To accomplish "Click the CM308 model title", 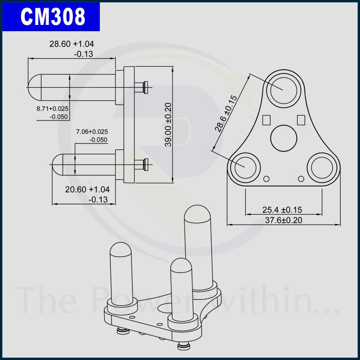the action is pos(53,16).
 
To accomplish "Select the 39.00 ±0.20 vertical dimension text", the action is pos(168,124).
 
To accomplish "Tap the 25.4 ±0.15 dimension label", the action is pos(282,210).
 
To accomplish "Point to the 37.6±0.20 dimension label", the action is pos(284,220).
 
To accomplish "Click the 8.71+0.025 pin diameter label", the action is pos(53,108).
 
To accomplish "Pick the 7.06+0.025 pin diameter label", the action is pos(92,132).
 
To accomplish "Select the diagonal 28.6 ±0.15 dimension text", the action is pos(226,113).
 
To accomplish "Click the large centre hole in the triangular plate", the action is pos(284,138).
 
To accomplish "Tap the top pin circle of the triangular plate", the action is pos(284,90).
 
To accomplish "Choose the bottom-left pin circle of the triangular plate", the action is pos(245,168).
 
